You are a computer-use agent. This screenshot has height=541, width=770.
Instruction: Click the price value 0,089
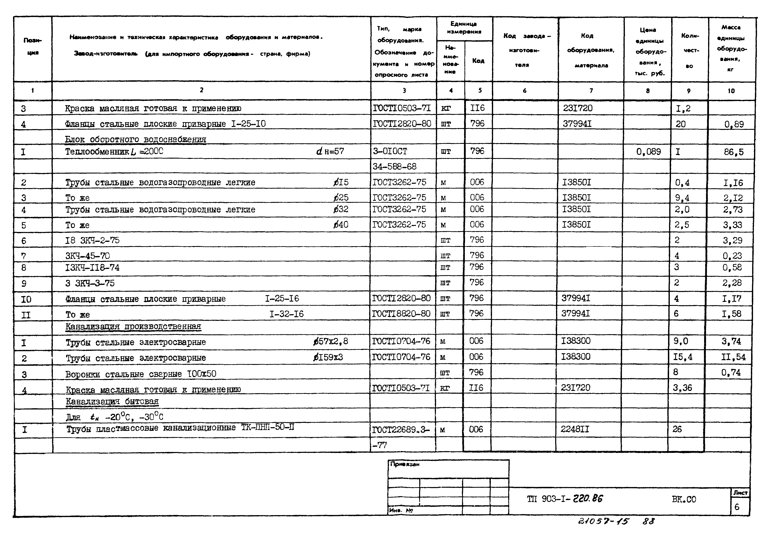(648, 152)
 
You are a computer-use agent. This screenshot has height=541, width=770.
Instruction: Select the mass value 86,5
(733, 152)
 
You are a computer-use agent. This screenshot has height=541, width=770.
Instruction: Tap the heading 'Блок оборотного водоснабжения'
(135, 139)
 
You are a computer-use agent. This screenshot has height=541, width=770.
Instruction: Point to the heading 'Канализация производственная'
(133, 327)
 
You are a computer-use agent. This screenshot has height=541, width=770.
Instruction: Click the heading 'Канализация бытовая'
(112, 401)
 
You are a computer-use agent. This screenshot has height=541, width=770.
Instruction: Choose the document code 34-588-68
(394, 166)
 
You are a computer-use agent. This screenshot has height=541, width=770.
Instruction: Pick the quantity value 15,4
(682, 357)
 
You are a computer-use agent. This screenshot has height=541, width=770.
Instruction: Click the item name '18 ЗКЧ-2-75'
(92, 240)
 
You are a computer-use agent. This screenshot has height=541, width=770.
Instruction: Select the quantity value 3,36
(682, 388)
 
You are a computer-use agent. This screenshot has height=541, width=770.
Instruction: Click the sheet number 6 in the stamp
(737, 507)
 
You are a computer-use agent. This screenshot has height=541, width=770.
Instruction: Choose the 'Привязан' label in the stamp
(405, 464)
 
